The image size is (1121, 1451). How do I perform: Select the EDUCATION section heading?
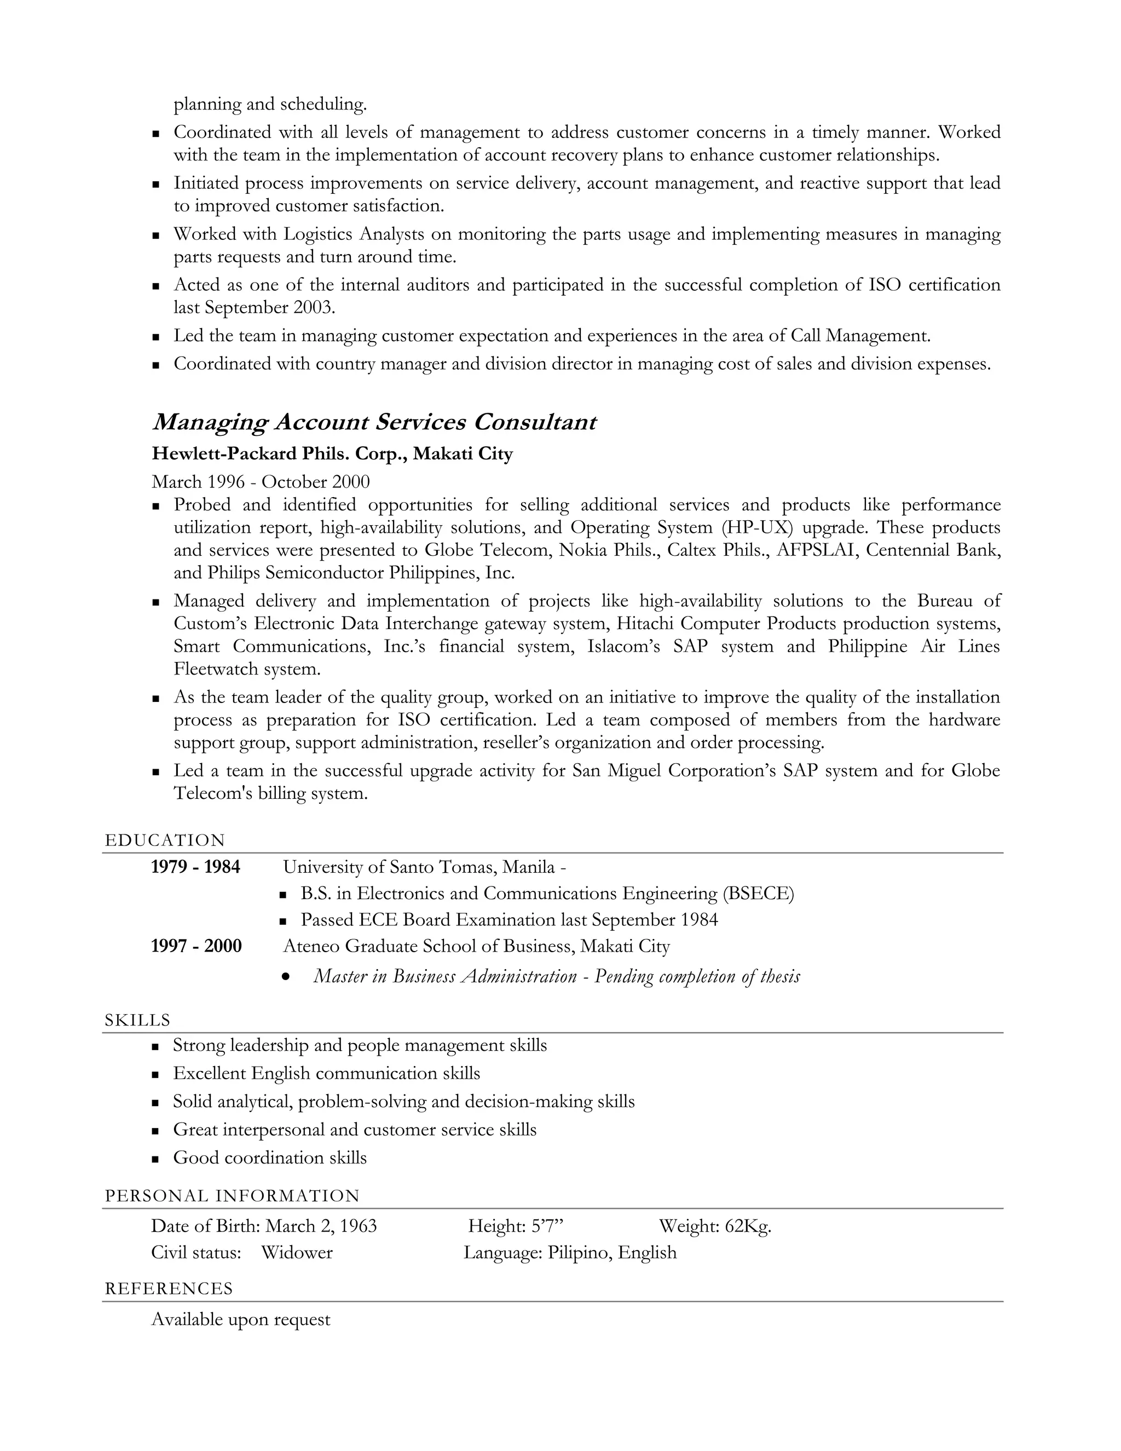165,840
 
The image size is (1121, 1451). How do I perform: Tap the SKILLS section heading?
137,1020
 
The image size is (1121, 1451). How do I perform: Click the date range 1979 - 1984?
195,867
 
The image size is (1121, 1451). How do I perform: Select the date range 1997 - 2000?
196,946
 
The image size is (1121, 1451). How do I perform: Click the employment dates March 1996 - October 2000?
261,482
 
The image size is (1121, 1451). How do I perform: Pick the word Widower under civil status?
296,1252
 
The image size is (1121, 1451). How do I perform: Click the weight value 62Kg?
748,1226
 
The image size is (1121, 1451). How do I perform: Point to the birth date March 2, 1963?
321,1226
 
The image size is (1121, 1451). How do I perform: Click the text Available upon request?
240,1319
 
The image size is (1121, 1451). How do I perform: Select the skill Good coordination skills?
270,1158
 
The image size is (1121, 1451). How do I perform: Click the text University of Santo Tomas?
390,867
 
